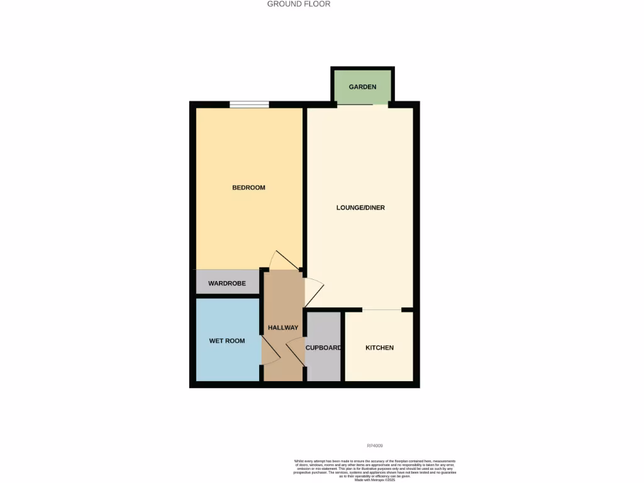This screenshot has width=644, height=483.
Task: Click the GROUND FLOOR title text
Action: pyautogui.click(x=299, y=4)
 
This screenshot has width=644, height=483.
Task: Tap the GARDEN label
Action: pyautogui.click(x=363, y=87)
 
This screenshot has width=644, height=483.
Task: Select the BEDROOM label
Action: pyautogui.click(x=248, y=187)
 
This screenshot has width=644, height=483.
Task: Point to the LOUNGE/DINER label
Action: pyautogui.click(x=360, y=208)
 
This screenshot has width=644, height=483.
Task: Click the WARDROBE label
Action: pyautogui.click(x=227, y=284)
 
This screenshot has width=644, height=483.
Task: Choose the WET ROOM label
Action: pyautogui.click(x=227, y=341)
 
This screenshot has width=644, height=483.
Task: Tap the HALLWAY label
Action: pyautogui.click(x=283, y=328)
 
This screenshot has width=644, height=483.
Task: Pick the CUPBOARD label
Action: pyautogui.click(x=323, y=348)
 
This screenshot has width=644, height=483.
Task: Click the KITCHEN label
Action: pyautogui.click(x=379, y=348)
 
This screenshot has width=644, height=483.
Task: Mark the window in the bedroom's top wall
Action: pyautogui.click(x=249, y=104)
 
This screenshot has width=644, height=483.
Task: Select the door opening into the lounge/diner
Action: pyautogui.click(x=314, y=292)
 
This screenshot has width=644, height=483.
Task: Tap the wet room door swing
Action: pyautogui.click(x=270, y=349)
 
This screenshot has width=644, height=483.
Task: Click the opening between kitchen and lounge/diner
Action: pyautogui.click(x=382, y=310)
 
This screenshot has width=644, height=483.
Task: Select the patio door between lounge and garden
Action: pyautogui.click(x=363, y=105)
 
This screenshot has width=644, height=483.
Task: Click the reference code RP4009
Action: pyautogui.click(x=374, y=445)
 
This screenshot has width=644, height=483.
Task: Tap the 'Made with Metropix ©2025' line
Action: pyautogui.click(x=374, y=480)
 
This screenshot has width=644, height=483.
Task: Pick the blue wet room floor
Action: pyautogui.click(x=227, y=365)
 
